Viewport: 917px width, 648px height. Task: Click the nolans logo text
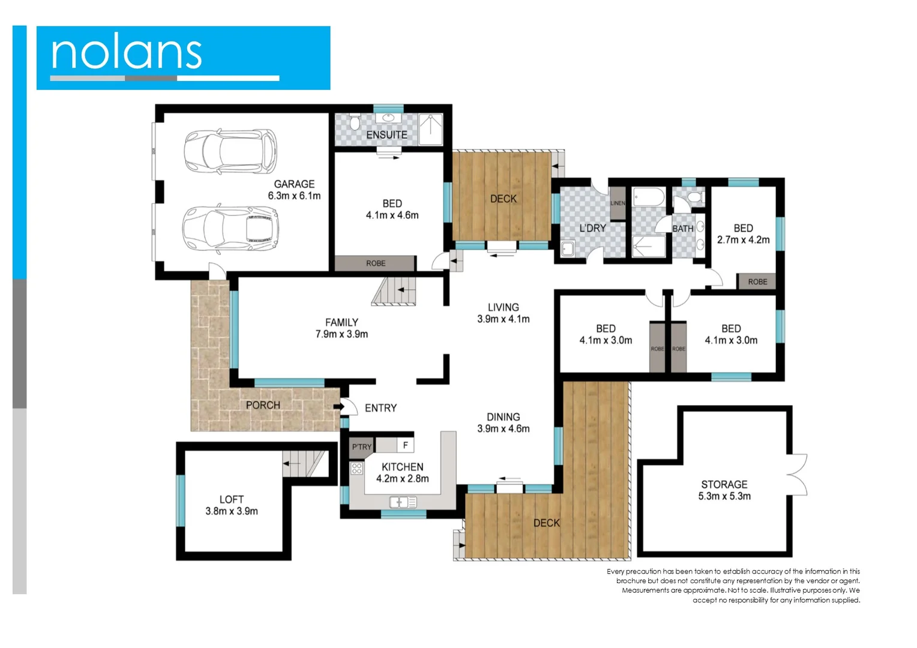click(126, 53)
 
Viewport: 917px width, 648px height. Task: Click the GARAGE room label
click(294, 184)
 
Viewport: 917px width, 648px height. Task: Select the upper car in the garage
click(230, 151)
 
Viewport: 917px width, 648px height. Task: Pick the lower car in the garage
click(230, 228)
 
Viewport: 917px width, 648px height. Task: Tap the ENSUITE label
click(386, 135)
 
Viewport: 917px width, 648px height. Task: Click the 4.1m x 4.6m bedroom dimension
click(392, 215)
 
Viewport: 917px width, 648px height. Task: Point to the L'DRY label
click(592, 228)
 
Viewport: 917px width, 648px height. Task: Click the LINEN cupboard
click(618, 203)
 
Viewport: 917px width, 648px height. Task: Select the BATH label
click(682, 229)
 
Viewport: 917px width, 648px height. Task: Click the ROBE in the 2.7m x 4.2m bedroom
click(757, 281)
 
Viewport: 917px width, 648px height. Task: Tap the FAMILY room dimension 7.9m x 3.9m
click(341, 334)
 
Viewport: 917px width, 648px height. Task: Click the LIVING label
click(503, 307)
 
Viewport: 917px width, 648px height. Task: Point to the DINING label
click(503, 417)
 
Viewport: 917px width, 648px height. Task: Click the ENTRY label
click(380, 408)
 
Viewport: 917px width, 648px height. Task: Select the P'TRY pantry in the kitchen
click(361, 446)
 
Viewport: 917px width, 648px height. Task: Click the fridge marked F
click(405, 445)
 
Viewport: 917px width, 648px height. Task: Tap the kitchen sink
click(403, 502)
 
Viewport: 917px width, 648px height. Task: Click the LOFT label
click(231, 499)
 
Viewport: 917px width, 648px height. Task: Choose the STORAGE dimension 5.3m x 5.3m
click(724, 496)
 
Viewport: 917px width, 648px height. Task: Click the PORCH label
click(263, 405)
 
